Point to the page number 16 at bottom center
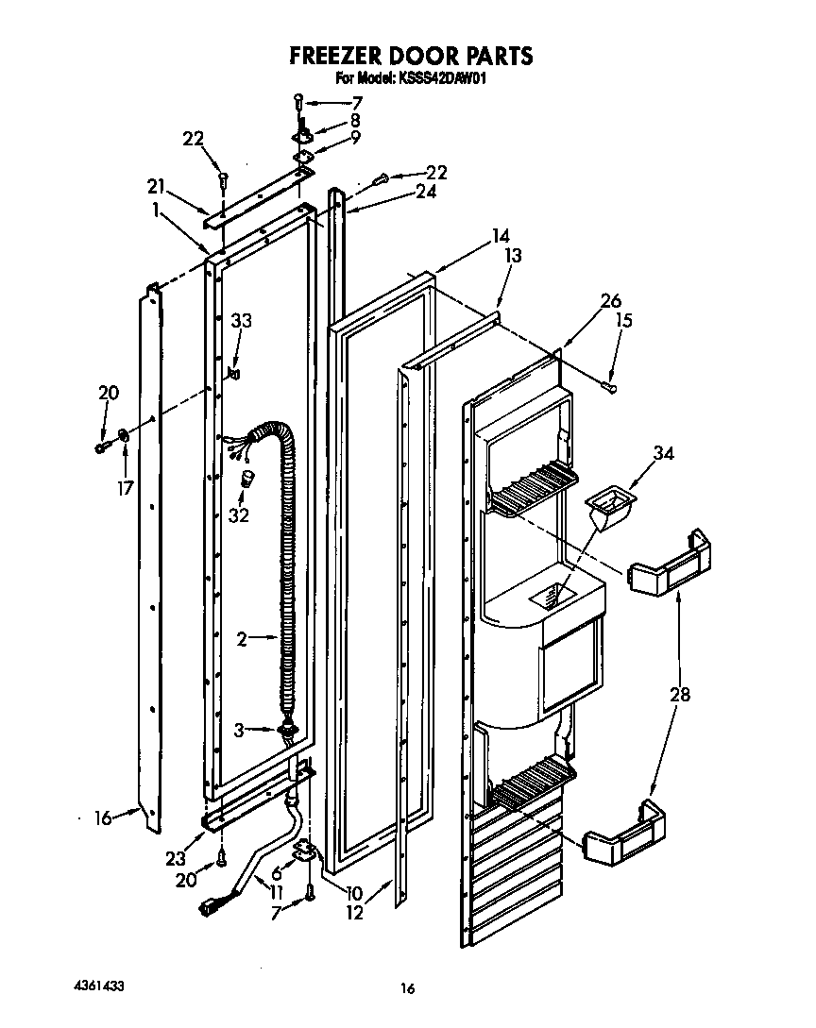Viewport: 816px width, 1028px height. tap(407, 988)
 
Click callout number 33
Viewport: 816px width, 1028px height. tap(242, 321)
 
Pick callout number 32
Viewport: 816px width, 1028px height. tap(239, 514)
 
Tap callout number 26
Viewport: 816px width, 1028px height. tap(610, 302)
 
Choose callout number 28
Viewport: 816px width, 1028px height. tap(679, 696)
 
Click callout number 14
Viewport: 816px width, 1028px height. tap(501, 235)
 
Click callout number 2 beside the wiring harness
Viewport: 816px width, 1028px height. tap(242, 639)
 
